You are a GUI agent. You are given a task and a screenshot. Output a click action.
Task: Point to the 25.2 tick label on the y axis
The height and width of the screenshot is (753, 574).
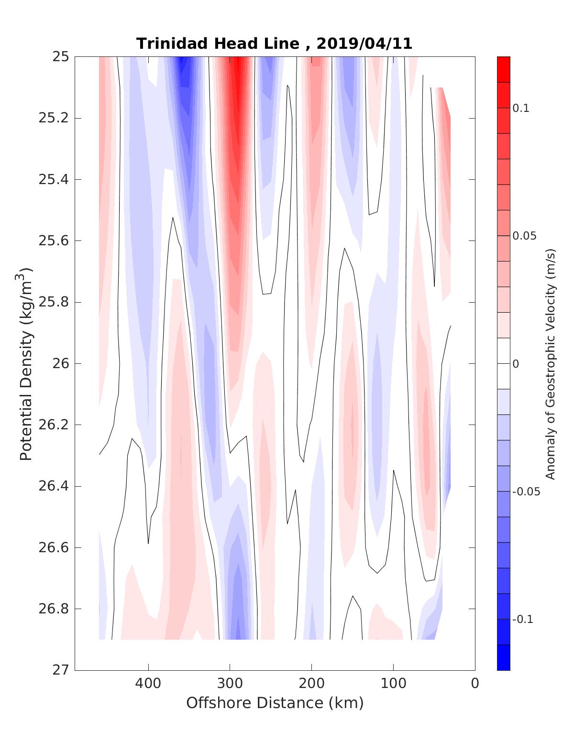(53, 118)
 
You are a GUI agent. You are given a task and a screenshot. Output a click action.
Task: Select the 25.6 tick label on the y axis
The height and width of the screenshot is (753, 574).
(53, 241)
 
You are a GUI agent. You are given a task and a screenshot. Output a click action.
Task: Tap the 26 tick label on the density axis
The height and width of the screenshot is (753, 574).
(60, 364)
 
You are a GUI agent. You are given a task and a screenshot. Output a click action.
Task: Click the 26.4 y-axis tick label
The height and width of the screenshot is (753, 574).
(53, 487)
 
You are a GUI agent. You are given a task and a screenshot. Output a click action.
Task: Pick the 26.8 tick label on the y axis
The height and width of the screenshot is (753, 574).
(53, 609)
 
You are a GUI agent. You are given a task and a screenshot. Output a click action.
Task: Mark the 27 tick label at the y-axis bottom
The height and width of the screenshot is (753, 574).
(60, 670)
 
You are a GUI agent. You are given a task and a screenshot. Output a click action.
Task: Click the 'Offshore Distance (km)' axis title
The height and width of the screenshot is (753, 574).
(275, 703)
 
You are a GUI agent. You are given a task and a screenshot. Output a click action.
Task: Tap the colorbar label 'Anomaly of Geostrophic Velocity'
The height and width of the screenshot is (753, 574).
(551, 363)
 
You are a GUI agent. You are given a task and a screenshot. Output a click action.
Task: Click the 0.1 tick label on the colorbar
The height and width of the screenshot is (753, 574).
(521, 109)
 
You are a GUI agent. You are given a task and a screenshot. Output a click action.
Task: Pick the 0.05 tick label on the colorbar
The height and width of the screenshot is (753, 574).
(524, 236)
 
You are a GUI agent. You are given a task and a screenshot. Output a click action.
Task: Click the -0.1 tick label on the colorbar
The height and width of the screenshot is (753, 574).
(522, 620)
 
